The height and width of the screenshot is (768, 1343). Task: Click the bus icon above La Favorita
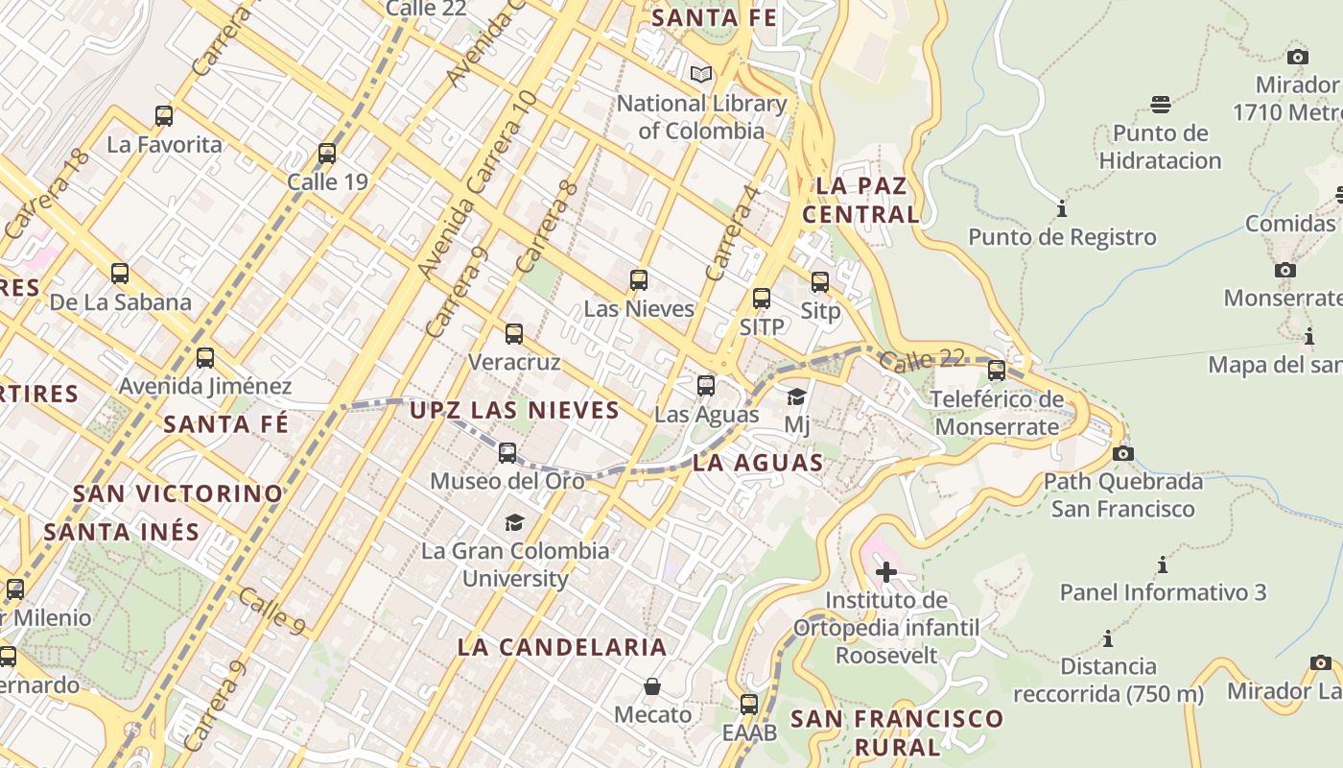(x=164, y=116)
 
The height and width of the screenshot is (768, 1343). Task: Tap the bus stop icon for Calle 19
(x=327, y=154)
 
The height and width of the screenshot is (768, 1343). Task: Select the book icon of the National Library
(x=701, y=74)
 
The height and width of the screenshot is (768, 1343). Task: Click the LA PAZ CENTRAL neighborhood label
(x=860, y=200)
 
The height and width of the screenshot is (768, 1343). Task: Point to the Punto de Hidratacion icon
(x=1161, y=104)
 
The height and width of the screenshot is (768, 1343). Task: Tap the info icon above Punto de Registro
(x=1061, y=208)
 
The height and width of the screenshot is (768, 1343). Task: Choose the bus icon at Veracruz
(x=514, y=334)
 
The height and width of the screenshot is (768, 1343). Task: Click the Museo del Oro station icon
(x=507, y=452)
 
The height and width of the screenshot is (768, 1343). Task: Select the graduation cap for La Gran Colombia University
(x=515, y=522)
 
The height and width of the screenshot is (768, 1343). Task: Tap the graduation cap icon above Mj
(x=796, y=396)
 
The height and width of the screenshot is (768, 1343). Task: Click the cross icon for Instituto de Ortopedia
(x=885, y=572)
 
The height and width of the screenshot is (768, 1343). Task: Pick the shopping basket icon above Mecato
(x=652, y=686)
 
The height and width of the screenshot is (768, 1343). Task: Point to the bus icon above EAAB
(x=749, y=704)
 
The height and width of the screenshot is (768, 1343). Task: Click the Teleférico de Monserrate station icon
(x=997, y=371)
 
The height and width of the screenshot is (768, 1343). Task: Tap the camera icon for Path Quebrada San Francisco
(x=1123, y=453)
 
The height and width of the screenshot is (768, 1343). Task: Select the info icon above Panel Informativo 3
(x=1163, y=564)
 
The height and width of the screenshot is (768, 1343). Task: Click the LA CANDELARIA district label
(x=561, y=647)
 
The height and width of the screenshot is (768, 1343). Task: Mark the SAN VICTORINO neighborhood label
(x=178, y=493)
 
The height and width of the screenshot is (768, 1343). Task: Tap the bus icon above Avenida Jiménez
(x=205, y=358)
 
